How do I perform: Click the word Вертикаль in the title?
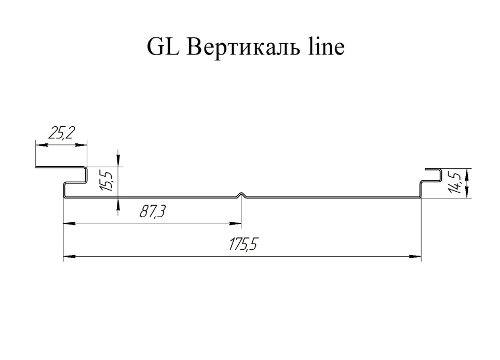click(244, 47)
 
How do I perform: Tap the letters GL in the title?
click(163, 47)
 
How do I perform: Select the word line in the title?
click(326, 47)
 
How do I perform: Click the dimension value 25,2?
click(62, 133)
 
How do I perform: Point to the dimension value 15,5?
click(107, 181)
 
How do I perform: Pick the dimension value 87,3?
click(153, 211)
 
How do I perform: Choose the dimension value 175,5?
click(242, 244)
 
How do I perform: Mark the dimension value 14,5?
click(454, 182)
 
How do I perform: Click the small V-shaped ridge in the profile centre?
click(241, 195)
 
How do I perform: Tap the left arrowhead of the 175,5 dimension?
click(69, 256)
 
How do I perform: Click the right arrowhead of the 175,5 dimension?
click(415, 256)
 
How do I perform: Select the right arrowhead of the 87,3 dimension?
click(235, 223)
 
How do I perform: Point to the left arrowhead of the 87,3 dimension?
click(69, 223)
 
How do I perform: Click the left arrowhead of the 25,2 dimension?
click(42, 145)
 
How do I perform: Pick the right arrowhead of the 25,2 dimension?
click(80, 145)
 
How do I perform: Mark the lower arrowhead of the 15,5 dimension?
click(118, 204)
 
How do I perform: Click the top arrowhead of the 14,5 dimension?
click(467, 174)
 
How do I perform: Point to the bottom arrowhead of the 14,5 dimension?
click(467, 192)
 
